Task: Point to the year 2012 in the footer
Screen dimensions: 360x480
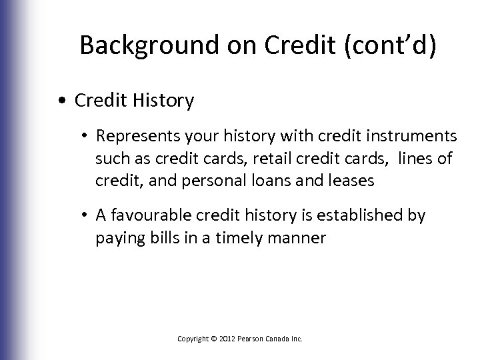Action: tap(221, 339)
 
